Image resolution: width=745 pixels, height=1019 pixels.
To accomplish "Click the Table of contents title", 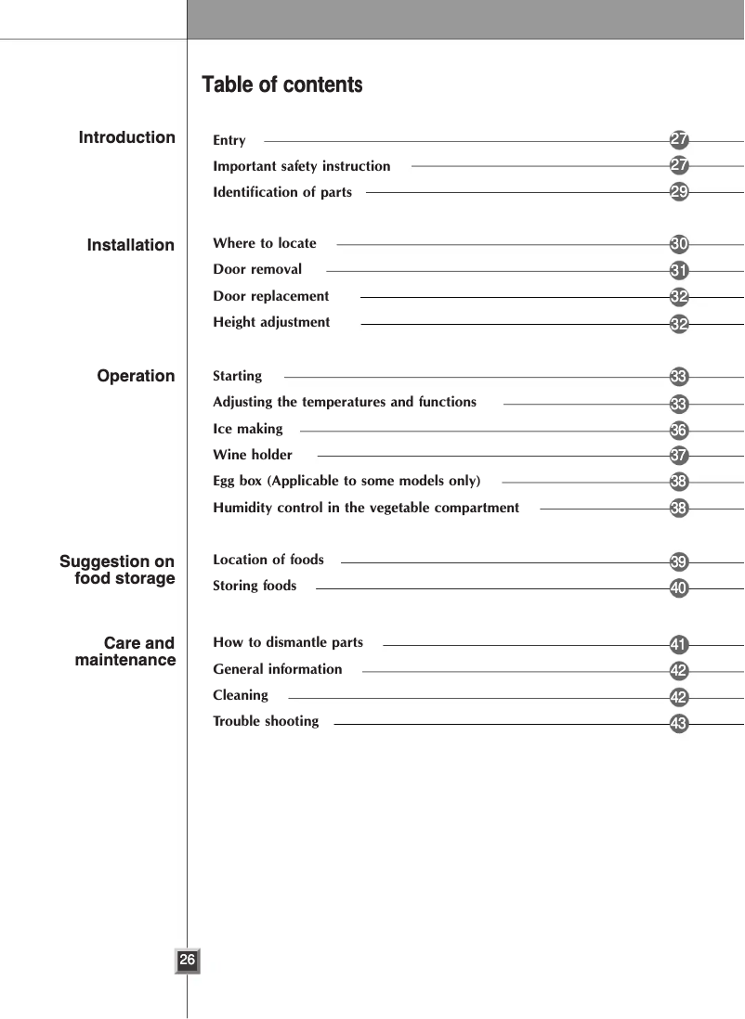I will click(282, 85).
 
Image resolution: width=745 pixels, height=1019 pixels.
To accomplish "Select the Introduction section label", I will click(127, 137).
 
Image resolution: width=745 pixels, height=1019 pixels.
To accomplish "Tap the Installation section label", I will click(131, 245).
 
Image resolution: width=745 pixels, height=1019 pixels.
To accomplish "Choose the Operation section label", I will click(137, 376).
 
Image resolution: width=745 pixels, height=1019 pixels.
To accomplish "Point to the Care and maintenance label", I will click(125, 651).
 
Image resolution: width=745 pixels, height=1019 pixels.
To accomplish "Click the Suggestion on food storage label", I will click(118, 570).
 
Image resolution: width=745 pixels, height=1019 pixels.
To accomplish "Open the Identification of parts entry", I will click(282, 192).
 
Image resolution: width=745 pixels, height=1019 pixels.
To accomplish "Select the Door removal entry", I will click(257, 269).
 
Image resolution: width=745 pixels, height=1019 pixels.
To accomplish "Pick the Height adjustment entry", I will click(271, 322).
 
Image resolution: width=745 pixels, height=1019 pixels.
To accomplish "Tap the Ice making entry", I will click(248, 429).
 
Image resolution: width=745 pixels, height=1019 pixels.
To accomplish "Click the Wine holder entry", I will click(253, 455).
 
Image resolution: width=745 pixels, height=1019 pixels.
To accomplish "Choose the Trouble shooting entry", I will click(266, 721).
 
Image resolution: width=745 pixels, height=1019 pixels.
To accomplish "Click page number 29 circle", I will click(680, 192).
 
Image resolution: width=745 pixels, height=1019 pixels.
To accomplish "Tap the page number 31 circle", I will click(680, 271).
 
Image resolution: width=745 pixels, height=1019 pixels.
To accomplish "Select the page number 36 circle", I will click(680, 431).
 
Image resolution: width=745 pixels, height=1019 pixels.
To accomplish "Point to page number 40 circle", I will click(680, 588).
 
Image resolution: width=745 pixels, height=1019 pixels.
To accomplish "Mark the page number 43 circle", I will click(680, 723).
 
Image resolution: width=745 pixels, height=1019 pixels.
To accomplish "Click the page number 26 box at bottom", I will click(188, 961).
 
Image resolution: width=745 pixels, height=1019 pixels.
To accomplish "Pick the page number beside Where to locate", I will click(680, 245).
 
